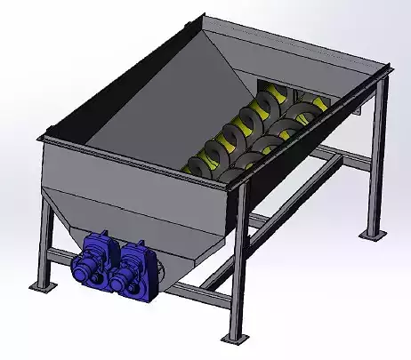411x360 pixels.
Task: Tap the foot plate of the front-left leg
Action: pyautogui.click(x=41, y=286)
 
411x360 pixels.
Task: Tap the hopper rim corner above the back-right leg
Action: pyautogui.click(x=388, y=66)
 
